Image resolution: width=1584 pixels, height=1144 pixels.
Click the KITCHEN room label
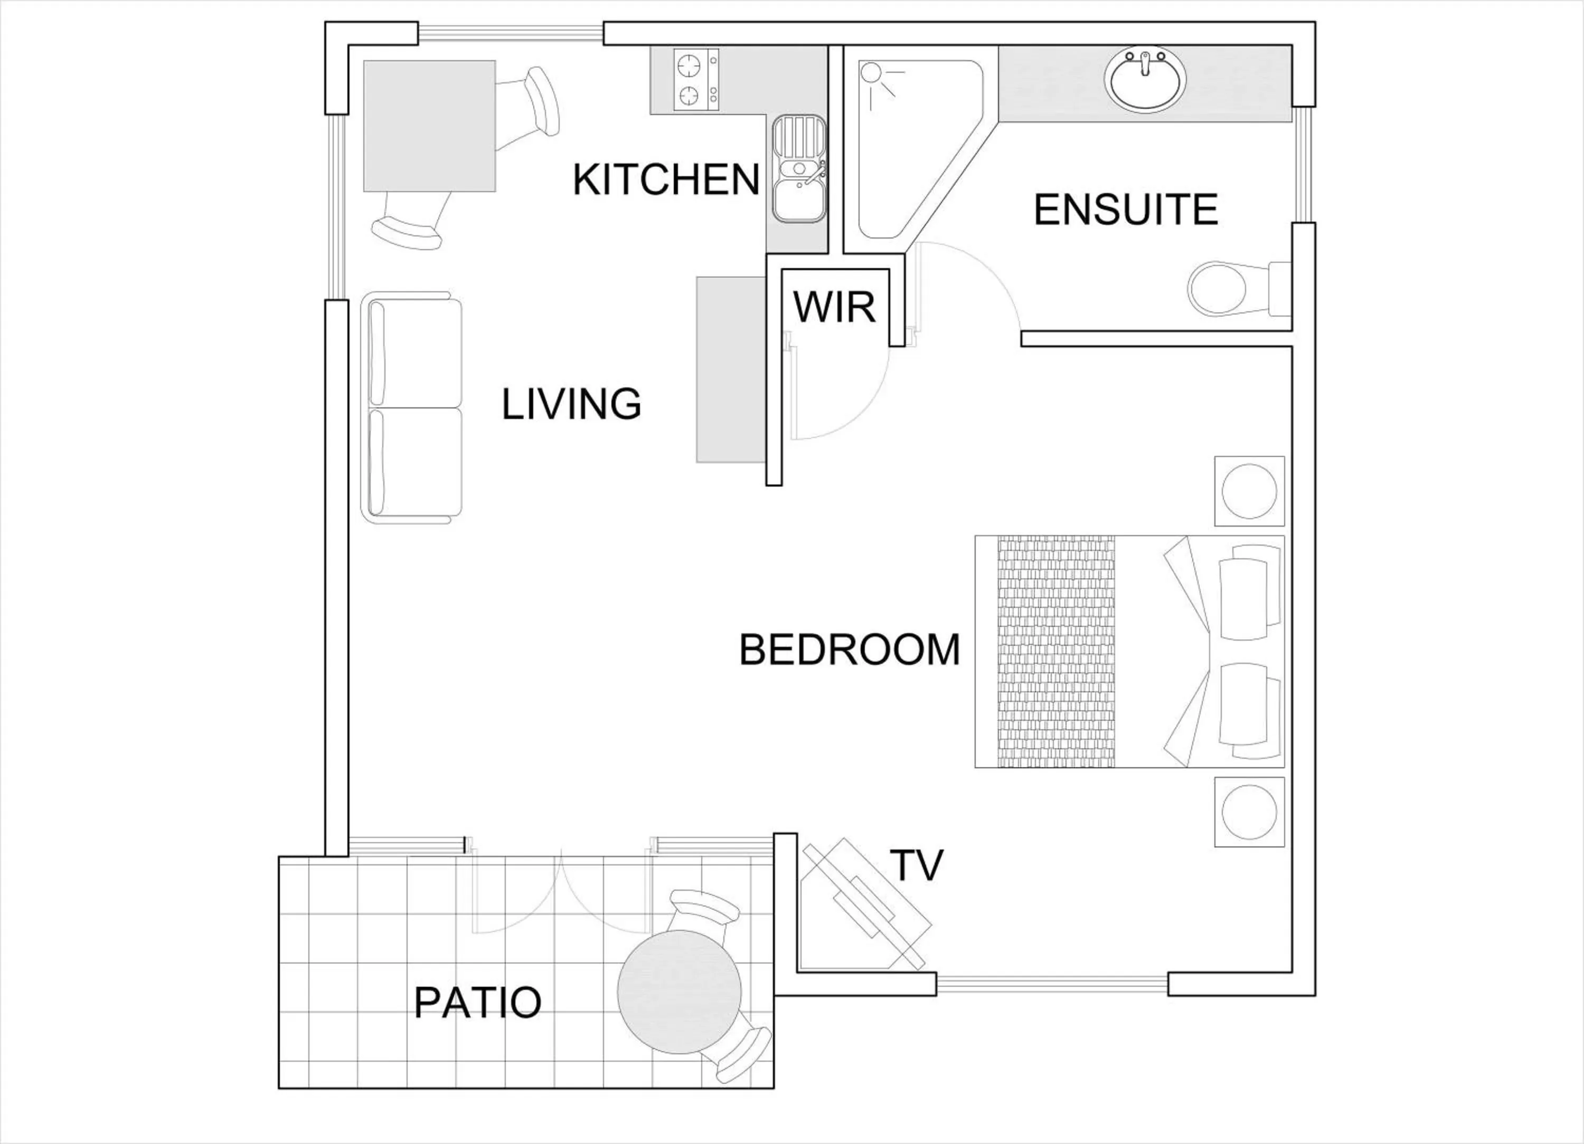pos(666,179)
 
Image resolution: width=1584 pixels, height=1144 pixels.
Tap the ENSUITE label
pos(1125,209)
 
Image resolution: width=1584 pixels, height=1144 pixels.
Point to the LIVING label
pos(571,404)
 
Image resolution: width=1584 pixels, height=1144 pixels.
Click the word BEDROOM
pos(849,650)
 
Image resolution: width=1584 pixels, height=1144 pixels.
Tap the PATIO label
pos(478,1003)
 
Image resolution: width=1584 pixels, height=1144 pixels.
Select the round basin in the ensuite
pos(1145,80)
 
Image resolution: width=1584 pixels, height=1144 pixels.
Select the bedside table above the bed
pos(1249,491)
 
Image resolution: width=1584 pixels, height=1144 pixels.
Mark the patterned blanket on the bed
pos(1056,652)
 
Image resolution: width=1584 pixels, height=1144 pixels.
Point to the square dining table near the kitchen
pos(429,126)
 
